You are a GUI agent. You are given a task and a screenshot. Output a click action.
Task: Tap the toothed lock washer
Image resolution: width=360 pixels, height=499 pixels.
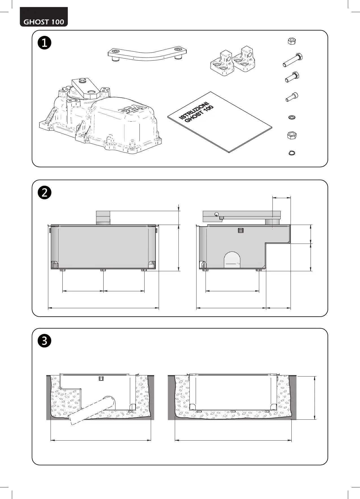tap(291, 117)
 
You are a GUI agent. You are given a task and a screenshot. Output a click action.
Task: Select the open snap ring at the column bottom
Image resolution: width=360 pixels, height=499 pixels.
tap(291, 153)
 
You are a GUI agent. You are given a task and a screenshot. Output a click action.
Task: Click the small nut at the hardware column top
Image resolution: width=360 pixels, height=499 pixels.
tap(291, 41)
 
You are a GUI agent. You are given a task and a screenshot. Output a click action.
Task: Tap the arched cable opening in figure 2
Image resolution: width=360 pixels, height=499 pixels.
tap(232, 259)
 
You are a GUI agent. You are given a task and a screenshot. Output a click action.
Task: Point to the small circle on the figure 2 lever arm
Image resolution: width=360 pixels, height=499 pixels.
tap(217, 214)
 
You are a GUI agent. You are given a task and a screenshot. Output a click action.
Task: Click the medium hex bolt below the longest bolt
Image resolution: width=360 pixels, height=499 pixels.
tap(292, 77)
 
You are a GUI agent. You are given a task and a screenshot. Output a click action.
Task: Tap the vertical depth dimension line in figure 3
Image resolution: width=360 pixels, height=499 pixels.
tap(315, 398)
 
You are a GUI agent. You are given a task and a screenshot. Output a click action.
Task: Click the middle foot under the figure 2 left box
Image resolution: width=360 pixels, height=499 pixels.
tap(103, 270)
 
